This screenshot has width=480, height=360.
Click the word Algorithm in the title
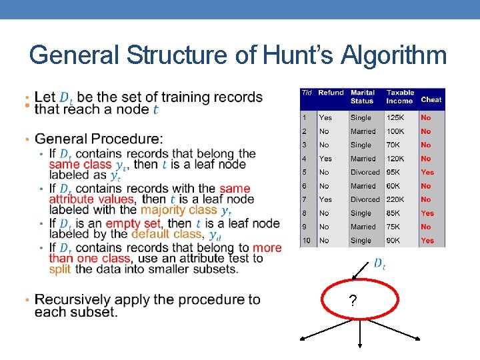tap(393, 55)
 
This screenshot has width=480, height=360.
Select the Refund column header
tap(331, 93)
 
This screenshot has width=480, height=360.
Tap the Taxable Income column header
tap(400, 97)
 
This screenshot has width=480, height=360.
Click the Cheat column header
tap(431, 100)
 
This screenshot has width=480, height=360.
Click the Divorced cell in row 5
tap(365, 172)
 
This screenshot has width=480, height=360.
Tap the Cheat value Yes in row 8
tap(427, 213)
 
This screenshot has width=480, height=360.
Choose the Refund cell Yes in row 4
tap(325, 159)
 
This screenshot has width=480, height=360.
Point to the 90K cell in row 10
tap(394, 241)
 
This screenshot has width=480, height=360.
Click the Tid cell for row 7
tap(305, 199)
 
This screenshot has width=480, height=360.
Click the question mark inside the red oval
tap(352, 302)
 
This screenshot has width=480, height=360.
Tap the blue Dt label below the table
tap(379, 264)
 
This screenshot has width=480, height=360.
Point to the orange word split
tap(60, 269)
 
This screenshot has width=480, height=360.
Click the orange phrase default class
tap(168, 234)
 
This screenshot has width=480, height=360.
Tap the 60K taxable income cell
tap(394, 186)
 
